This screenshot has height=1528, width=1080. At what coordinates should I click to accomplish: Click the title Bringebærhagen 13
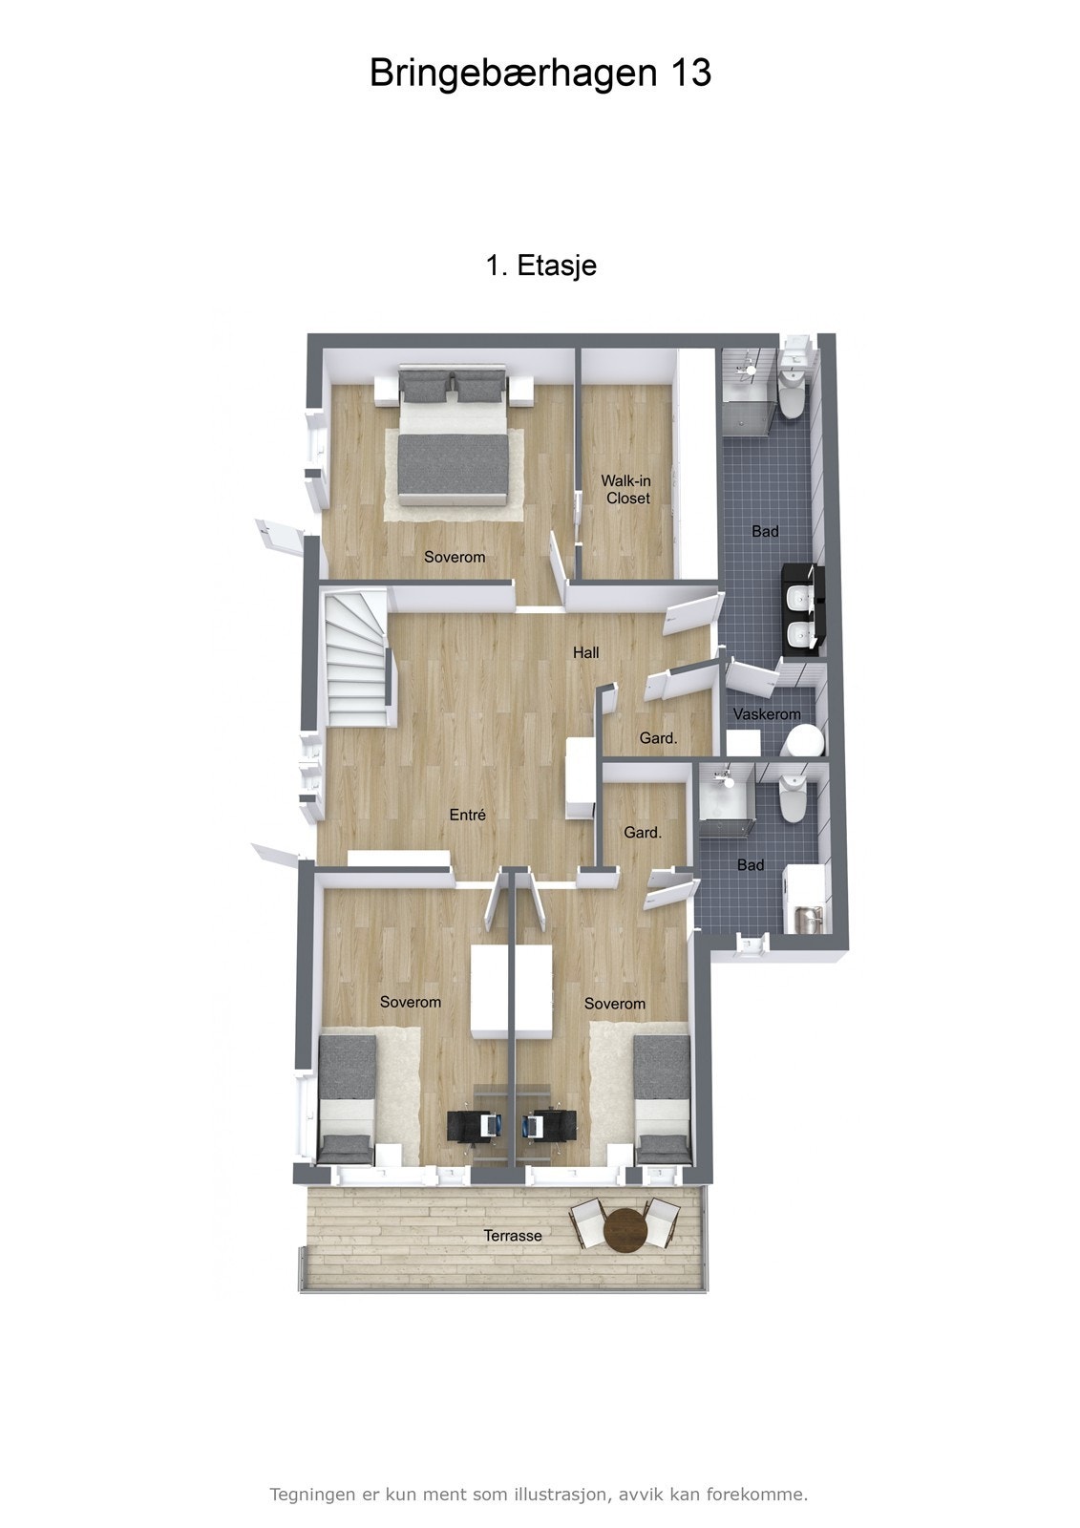540,74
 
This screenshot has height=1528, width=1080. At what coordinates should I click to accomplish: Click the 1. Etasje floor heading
541,265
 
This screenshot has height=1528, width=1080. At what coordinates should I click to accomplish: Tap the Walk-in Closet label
625,489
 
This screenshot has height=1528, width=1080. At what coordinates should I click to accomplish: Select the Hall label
586,652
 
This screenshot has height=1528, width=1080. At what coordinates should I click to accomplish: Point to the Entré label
468,815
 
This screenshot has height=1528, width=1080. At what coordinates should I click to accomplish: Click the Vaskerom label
767,714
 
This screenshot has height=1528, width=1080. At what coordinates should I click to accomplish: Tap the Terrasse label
513,1236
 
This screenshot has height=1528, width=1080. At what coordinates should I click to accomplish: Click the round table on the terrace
625,1228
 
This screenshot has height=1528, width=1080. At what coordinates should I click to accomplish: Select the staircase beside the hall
356,659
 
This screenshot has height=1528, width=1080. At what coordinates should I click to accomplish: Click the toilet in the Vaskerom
804,740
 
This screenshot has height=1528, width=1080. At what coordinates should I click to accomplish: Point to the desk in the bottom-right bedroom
549,1123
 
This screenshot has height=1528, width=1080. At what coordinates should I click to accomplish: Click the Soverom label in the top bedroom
455,557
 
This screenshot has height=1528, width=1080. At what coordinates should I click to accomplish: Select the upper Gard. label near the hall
658,738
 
